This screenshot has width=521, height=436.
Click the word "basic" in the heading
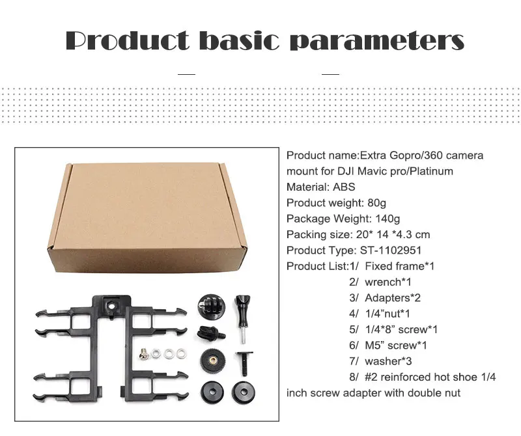tap(239, 41)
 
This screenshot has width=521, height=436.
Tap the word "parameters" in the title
tap(377, 42)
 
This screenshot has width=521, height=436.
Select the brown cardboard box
tap(148, 217)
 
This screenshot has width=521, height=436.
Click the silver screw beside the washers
tap(143, 354)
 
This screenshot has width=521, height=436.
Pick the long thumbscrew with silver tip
tap(243, 319)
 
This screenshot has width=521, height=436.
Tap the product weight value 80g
tap(376, 203)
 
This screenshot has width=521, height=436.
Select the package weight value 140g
tap(387, 219)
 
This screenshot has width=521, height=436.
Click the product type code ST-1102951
tap(391, 251)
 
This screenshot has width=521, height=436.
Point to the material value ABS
tap(344, 187)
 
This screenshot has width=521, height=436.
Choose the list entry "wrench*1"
tap(388, 282)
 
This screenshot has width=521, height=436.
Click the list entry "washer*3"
tap(388, 361)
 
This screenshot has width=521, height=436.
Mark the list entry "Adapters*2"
tap(393, 298)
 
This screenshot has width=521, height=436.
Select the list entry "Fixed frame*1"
tap(400, 266)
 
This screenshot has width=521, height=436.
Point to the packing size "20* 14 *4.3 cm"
tap(393, 235)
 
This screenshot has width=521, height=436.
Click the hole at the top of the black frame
tap(112, 305)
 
